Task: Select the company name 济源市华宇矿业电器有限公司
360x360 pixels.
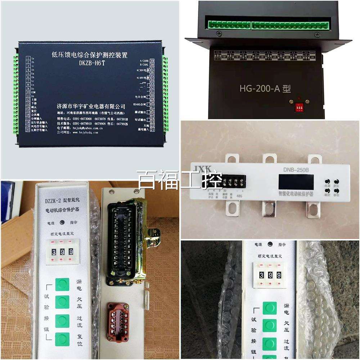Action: click(91, 107)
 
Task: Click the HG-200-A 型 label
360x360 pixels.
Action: click(265, 88)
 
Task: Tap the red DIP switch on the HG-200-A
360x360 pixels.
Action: click(298, 107)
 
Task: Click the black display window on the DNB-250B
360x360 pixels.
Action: click(295, 182)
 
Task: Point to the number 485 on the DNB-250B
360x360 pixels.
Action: click(239, 196)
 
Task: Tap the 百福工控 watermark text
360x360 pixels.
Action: click(180, 180)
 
